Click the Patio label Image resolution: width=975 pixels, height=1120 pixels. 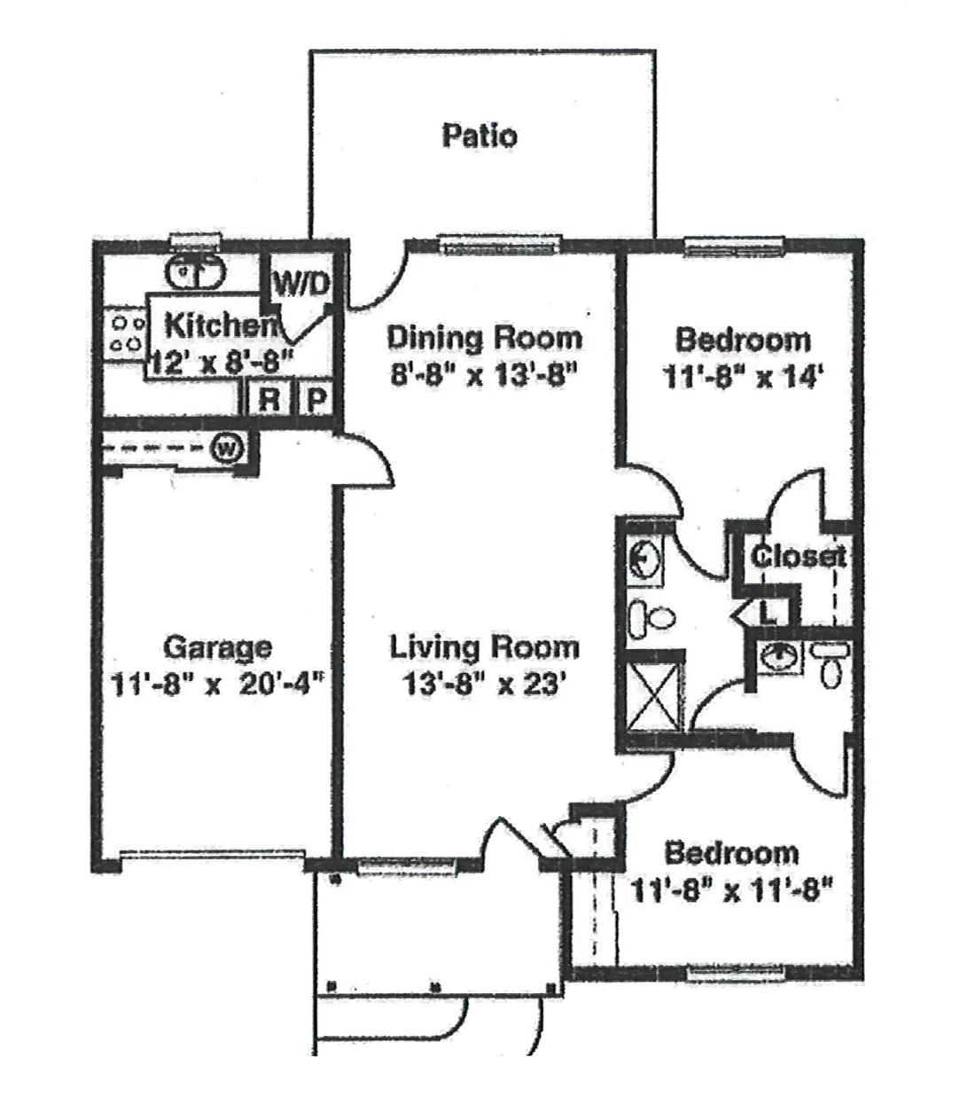[480, 136]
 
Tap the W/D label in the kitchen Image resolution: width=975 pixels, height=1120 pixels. [301, 284]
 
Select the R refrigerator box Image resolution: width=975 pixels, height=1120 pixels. [269, 400]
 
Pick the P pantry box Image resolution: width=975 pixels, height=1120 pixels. [316, 400]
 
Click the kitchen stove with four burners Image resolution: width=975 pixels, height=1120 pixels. [125, 333]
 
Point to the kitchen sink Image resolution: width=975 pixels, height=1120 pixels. [195, 273]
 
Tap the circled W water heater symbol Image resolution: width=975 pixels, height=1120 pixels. [228, 450]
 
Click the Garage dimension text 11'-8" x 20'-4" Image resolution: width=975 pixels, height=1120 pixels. [218, 685]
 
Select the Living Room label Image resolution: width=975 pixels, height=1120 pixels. [484, 647]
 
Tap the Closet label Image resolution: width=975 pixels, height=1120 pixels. [798, 557]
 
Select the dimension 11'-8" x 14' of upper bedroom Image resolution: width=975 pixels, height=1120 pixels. [743, 377]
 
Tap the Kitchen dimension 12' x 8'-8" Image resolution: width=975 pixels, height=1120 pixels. [222, 363]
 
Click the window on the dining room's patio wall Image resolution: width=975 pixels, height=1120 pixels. [500, 244]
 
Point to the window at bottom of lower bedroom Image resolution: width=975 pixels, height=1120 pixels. [736, 972]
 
